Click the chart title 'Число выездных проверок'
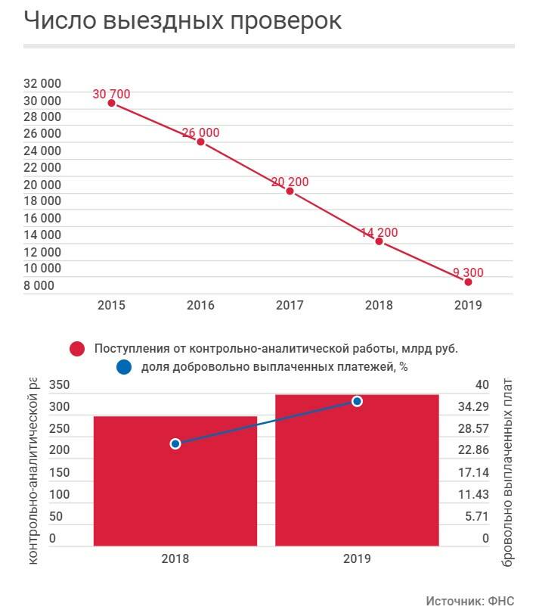[x=182, y=21]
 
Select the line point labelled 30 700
[x=111, y=103]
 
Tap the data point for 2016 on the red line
[x=200, y=142]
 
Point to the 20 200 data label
[x=290, y=182]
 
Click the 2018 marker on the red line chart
[x=379, y=241]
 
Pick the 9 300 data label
[x=468, y=272]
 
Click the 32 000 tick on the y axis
[x=42, y=83]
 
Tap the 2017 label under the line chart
[x=290, y=306]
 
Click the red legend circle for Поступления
[x=76, y=349]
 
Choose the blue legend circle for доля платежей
[x=125, y=368]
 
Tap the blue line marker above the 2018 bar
[x=175, y=443]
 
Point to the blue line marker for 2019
[x=357, y=401]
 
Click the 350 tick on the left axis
[x=59, y=385]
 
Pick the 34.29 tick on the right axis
[x=473, y=407]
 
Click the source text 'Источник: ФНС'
[x=469, y=601]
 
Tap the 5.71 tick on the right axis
[x=476, y=517]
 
